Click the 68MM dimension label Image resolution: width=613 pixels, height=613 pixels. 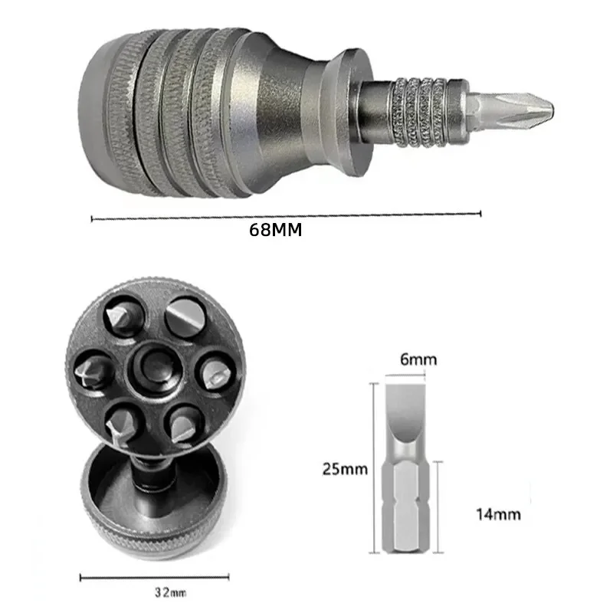pos(276,230)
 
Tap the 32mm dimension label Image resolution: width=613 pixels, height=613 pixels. pos(170,592)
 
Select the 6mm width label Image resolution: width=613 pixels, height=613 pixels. pos(418,359)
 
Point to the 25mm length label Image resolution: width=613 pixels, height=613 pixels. pos(345,469)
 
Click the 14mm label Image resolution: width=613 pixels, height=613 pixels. pos(499,514)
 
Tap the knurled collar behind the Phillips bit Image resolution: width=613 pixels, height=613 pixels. pos(419,112)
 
